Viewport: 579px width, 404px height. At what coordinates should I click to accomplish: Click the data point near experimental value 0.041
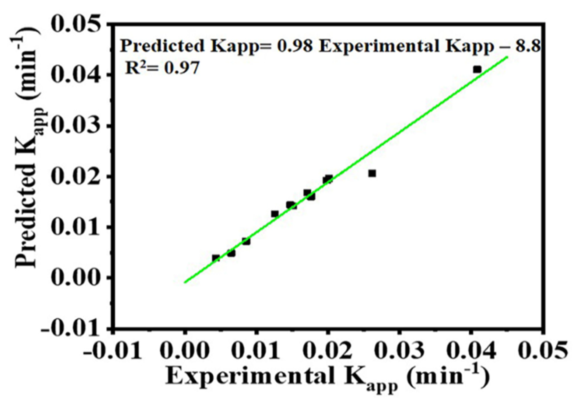click(477, 69)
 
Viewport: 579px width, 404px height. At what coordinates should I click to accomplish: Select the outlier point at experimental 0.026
click(372, 174)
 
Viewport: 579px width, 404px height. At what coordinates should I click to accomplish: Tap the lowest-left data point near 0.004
click(216, 258)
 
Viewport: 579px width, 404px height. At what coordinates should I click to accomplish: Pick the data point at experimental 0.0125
click(275, 214)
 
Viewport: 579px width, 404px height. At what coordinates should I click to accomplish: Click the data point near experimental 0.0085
click(246, 241)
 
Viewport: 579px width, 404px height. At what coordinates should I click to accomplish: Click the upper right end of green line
click(508, 57)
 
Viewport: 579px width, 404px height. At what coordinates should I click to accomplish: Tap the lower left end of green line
click(185, 282)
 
